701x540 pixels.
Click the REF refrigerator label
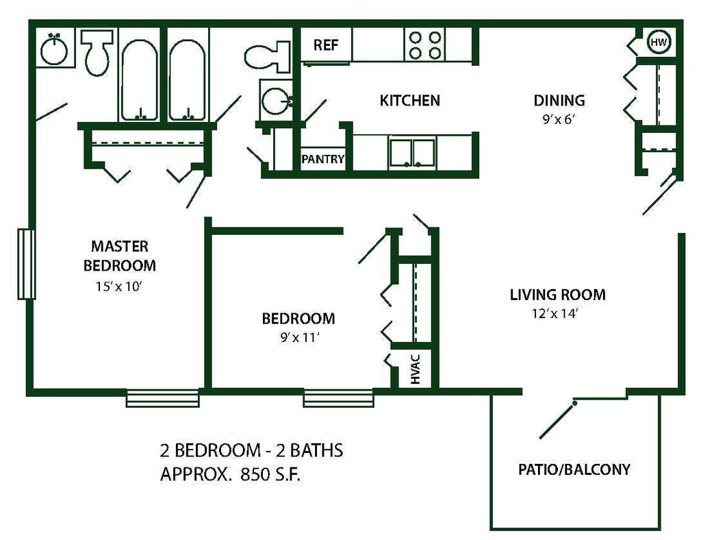325,45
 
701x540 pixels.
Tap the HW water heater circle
659,42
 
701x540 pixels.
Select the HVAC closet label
416,369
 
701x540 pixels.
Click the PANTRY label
323,159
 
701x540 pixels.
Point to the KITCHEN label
409,100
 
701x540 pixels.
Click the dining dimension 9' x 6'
559,119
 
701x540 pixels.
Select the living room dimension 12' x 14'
555,314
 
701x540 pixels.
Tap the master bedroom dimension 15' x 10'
118,286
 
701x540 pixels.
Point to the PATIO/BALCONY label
574,469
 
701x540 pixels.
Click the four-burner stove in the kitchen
425,45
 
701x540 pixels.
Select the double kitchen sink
411,153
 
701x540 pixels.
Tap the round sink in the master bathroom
54,49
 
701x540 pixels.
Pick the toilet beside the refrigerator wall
268,56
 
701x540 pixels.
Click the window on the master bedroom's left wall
27,264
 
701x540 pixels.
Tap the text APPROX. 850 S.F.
230,474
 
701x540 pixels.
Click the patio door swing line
557,420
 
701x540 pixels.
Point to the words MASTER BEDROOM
120,256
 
